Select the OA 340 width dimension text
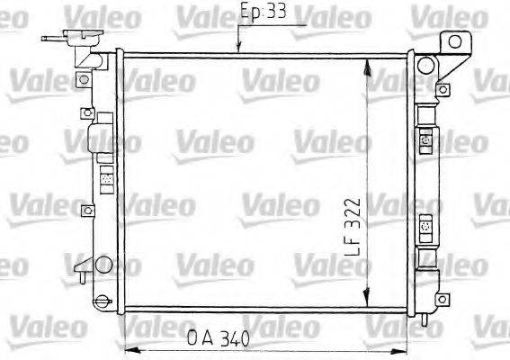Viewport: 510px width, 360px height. click(x=219, y=338)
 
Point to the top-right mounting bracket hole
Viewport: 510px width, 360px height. click(x=456, y=40)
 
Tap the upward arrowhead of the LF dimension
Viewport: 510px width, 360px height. click(x=367, y=65)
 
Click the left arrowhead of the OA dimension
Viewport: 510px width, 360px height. click(x=130, y=349)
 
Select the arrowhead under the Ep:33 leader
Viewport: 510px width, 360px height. click(x=238, y=49)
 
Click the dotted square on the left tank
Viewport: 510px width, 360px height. click(x=105, y=179)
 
